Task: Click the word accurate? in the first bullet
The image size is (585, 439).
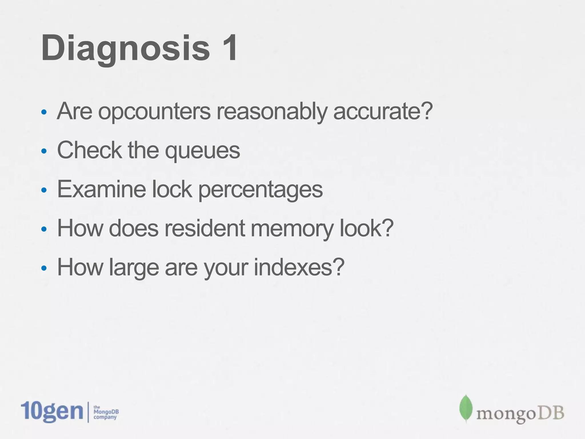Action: tap(383, 111)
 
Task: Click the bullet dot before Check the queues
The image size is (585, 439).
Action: tap(44, 151)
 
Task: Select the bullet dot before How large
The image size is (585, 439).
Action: tap(44, 268)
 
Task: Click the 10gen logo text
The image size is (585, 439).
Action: tap(52, 411)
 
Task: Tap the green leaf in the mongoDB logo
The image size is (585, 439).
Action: tap(466, 408)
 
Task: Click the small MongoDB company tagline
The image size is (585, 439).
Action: tap(106, 412)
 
